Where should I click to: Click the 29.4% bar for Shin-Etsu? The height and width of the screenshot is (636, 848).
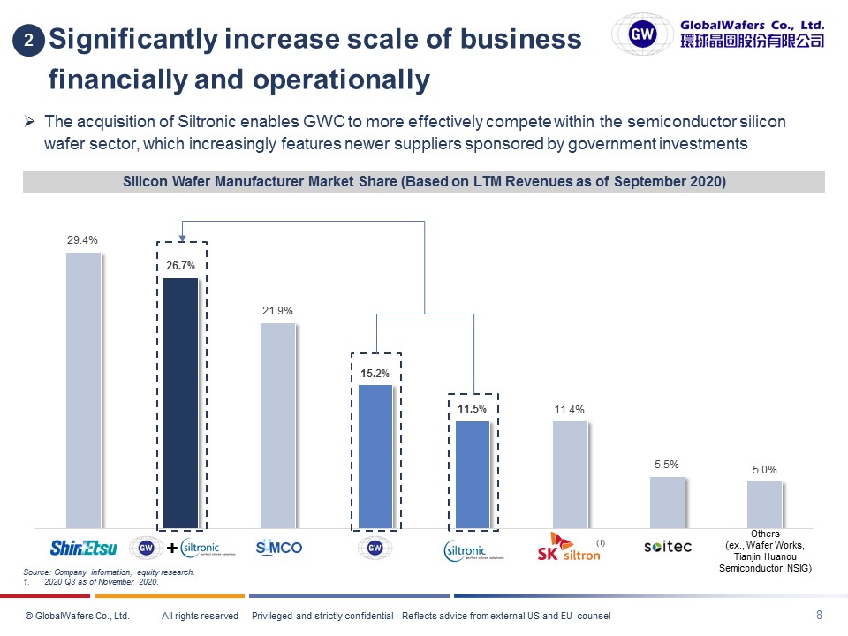pyautogui.click(x=84, y=390)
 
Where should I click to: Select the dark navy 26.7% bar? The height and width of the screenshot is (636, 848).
pyautogui.click(x=180, y=402)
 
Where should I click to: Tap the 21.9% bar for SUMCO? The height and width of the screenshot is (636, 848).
pyautogui.click(x=277, y=425)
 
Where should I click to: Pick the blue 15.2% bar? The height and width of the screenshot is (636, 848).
pyautogui.click(x=375, y=456)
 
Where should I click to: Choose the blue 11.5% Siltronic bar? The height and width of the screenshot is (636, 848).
pyautogui.click(x=472, y=473)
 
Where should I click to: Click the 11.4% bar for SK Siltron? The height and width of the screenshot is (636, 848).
pyautogui.click(x=570, y=473)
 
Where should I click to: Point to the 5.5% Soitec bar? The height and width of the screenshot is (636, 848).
pyautogui.click(x=667, y=502)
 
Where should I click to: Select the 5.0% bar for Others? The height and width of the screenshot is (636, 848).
pyautogui.click(x=764, y=503)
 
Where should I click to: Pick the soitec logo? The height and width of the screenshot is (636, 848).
pyautogui.click(x=667, y=548)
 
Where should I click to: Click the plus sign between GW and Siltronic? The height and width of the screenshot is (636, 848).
pyautogui.click(x=171, y=549)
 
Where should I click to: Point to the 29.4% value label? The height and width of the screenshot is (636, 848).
pyautogui.click(x=82, y=239)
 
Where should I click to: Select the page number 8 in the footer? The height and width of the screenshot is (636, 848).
pyautogui.click(x=819, y=615)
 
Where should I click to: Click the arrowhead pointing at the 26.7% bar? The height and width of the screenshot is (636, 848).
pyautogui.click(x=180, y=237)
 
